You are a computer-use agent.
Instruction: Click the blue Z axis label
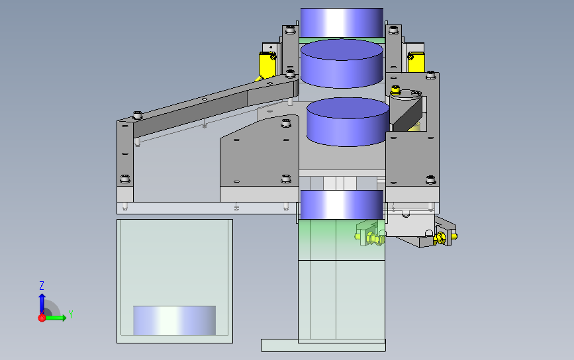click(x=42, y=285)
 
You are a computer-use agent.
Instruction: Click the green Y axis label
click(x=71, y=314)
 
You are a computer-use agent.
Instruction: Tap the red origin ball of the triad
click(x=42, y=318)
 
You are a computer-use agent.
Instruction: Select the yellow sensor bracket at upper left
click(x=267, y=65)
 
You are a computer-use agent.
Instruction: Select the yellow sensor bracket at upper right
click(x=416, y=62)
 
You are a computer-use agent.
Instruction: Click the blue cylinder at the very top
click(x=342, y=22)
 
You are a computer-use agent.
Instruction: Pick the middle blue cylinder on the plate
click(x=348, y=122)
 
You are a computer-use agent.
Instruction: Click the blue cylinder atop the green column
click(x=342, y=204)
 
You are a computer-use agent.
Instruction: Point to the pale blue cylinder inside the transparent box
click(x=174, y=320)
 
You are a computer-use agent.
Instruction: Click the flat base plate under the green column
click(x=323, y=345)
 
